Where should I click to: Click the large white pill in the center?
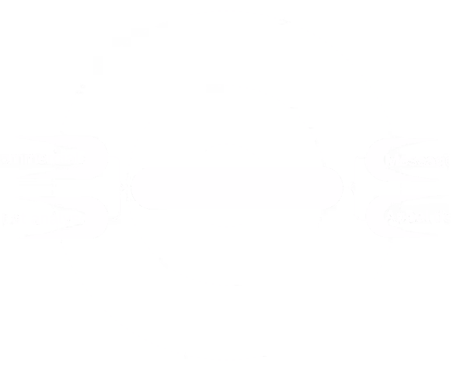[x=237, y=187]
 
